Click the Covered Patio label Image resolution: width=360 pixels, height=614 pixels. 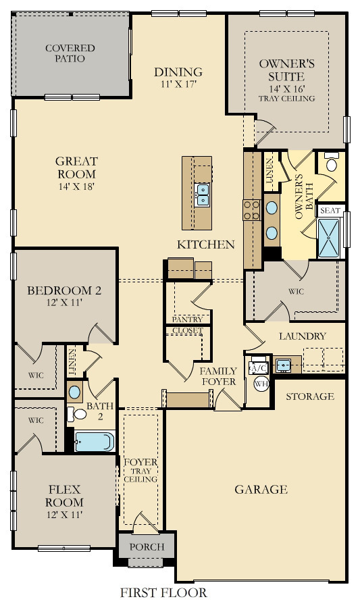click(x=70, y=53)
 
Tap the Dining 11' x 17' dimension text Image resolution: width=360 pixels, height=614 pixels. click(x=178, y=84)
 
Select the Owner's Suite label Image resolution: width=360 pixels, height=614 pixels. click(x=286, y=70)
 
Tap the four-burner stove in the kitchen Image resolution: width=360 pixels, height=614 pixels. click(x=252, y=210)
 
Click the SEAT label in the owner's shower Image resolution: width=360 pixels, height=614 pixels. click(x=330, y=211)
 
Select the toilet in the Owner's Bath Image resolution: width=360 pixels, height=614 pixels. click(x=332, y=163)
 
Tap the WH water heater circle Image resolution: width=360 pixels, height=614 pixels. click(x=260, y=383)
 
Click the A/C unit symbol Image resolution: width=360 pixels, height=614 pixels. click(x=258, y=367)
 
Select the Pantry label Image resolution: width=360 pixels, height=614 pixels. click(x=187, y=319)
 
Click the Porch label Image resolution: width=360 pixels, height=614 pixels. click(x=146, y=546)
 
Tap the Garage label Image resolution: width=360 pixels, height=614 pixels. click(x=261, y=490)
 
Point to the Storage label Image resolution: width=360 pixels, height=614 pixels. click(x=310, y=396)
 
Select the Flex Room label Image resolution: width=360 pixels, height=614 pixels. click(x=64, y=496)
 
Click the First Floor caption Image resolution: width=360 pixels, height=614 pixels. click(x=163, y=594)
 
